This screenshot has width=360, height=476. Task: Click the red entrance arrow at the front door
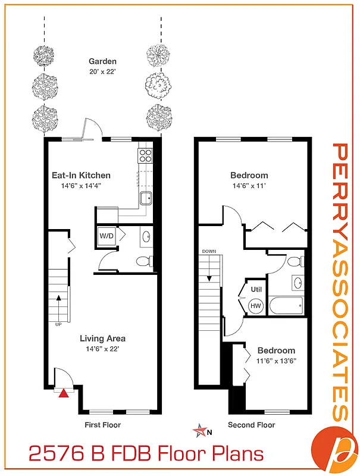pyautogui.click(x=64, y=392)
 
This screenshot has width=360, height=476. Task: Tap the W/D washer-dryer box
pyautogui.click(x=107, y=236)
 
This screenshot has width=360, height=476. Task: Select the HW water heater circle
pyautogui.click(x=256, y=306)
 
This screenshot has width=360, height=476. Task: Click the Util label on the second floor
pyautogui.click(x=256, y=289)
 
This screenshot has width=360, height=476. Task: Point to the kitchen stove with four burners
pyautogui.click(x=146, y=156)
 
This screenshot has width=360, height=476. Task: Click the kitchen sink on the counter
pyautogui.click(x=146, y=198)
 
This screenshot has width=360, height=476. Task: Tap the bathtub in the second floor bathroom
pyautogui.click(x=286, y=307)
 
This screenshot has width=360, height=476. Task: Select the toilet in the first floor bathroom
pyautogui.click(x=143, y=261)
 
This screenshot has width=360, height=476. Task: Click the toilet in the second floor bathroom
pyautogui.click(x=294, y=261)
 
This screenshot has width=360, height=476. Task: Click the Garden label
pyautogui.click(x=102, y=61)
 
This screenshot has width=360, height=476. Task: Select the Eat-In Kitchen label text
pyautogui.click(x=81, y=176)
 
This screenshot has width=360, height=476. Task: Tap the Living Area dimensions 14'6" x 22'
pyautogui.click(x=102, y=349)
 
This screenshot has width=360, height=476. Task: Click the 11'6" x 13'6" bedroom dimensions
pyautogui.click(x=276, y=361)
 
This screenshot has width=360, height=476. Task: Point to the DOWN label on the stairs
pyautogui.click(x=209, y=251)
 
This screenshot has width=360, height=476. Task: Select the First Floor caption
pyautogui.click(x=102, y=425)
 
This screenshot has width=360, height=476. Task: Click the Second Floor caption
pyautogui.click(x=251, y=425)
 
